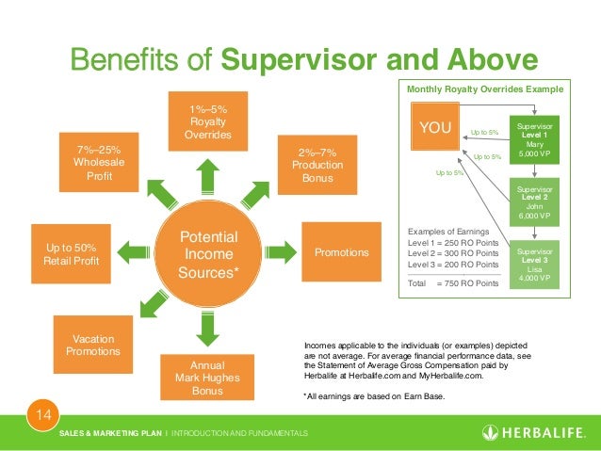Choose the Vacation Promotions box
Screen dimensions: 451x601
pyautogui.click(x=92, y=345)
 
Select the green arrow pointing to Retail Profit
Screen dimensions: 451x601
pyautogui.click(x=134, y=252)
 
